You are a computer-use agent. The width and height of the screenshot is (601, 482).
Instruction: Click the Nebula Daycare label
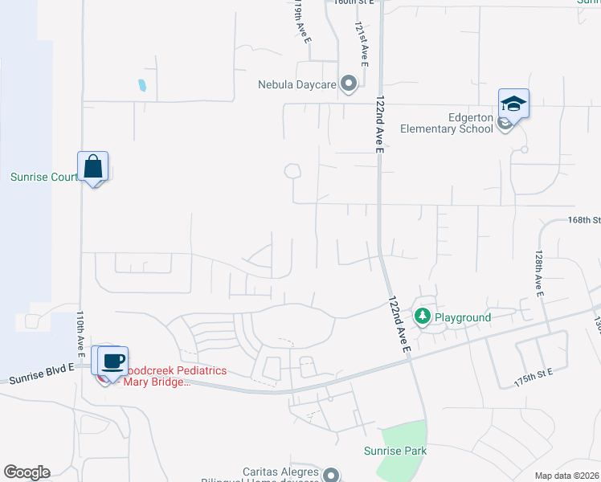296,84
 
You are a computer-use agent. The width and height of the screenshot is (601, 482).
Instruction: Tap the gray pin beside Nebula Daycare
349,83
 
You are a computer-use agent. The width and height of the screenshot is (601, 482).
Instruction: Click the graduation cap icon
513,104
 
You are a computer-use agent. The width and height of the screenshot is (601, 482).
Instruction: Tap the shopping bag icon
93,167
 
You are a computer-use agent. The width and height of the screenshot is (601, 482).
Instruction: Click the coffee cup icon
113,361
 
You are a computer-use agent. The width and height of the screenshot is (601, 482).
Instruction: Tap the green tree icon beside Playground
423,317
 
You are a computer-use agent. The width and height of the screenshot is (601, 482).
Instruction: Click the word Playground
463,317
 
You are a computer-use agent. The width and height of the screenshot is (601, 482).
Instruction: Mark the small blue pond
142,84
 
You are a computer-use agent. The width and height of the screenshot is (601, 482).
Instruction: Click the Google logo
27,472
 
